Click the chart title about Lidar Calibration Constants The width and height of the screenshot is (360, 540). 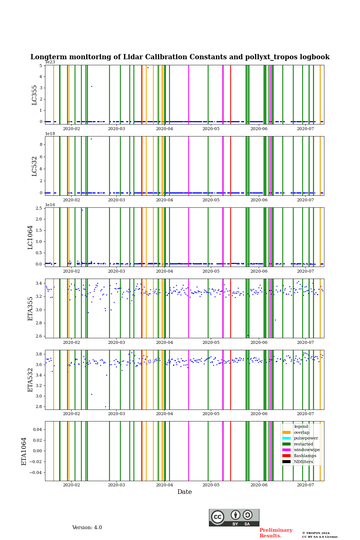point(180,57)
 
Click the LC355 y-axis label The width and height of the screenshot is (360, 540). point(34,95)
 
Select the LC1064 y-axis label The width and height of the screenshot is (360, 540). point(30,237)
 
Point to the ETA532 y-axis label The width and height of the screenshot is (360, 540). point(30,379)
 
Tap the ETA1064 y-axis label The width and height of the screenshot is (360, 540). point(24,451)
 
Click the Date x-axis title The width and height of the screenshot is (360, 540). point(184,492)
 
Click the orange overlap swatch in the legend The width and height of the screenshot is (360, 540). point(286,432)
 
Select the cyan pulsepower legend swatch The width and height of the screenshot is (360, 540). point(286,438)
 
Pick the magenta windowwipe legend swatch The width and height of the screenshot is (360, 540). point(286,450)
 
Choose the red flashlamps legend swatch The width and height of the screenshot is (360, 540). point(286,456)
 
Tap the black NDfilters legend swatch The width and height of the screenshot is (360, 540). point(286,462)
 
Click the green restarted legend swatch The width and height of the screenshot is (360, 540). point(286,444)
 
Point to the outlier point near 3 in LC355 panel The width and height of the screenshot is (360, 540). point(91,86)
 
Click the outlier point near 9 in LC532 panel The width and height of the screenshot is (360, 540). point(91,139)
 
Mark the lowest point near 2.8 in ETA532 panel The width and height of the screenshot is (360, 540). point(105,406)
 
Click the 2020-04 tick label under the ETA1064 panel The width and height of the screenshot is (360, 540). point(164,485)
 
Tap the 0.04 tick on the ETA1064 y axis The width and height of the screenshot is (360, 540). point(38,429)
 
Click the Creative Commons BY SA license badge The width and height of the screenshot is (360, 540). point(234,517)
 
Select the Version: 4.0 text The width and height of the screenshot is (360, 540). point(87,528)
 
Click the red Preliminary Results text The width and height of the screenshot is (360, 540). point(276,533)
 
